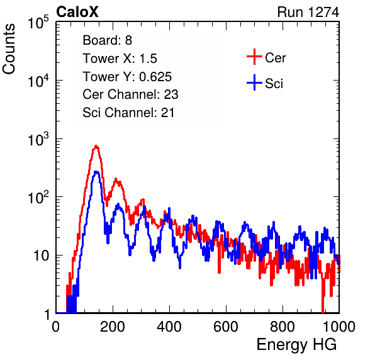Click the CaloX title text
click(x=77, y=11)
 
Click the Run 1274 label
click(x=308, y=12)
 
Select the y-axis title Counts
click(x=9, y=49)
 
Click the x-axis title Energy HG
click(x=296, y=345)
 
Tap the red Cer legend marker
click(x=254, y=57)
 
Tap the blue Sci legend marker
click(x=254, y=83)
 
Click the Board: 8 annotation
click(x=107, y=40)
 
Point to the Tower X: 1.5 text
click(x=120, y=59)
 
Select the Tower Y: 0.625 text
click(x=127, y=77)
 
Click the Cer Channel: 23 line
click(x=130, y=94)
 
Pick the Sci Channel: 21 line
click(x=128, y=113)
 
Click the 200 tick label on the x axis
click(x=113, y=327)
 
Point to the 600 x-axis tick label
click(x=226, y=327)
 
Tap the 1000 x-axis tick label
click(x=339, y=327)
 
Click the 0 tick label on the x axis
click(x=56, y=327)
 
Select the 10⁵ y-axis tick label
click(x=38, y=22)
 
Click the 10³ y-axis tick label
click(x=38, y=139)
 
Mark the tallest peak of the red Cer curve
click(x=96, y=146)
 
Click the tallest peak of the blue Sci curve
click(x=96, y=172)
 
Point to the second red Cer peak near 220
click(x=116, y=179)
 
